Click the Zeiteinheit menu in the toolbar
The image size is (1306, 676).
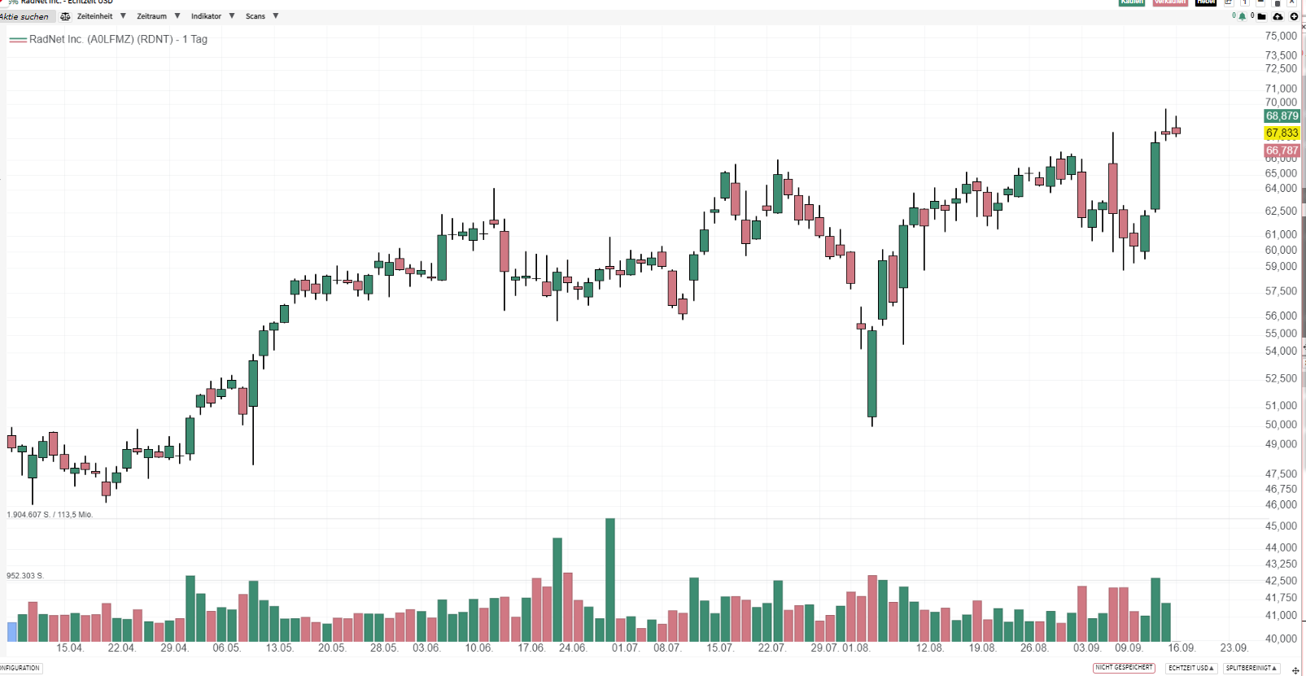95,16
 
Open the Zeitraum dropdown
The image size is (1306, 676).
152,16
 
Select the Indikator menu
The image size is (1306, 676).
207,16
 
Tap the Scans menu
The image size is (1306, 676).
256,16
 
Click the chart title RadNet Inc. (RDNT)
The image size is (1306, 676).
118,39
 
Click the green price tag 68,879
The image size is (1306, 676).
1282,116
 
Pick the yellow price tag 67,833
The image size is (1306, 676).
1282,133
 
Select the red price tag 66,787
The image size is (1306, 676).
1282,150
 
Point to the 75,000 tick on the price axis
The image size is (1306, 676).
1281,36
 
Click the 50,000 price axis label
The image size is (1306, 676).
1281,425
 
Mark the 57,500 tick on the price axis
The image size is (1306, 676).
1281,291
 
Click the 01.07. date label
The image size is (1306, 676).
625,648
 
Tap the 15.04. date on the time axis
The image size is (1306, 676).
70,648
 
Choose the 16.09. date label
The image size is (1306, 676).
1182,648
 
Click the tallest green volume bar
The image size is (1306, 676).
610,579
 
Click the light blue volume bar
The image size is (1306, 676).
12,632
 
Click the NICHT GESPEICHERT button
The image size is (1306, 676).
1124,668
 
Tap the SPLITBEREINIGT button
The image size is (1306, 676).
1251,668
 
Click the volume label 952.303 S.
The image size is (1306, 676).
25,576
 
